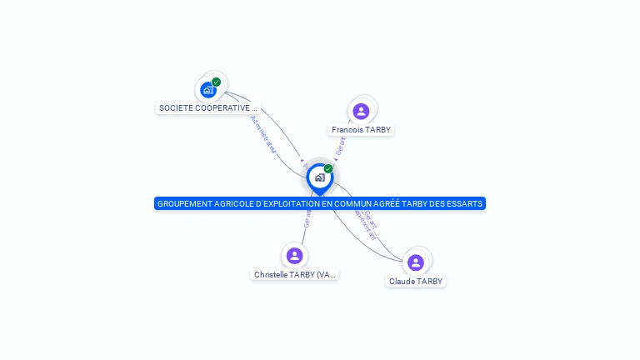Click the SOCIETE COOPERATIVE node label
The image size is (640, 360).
point(208,108)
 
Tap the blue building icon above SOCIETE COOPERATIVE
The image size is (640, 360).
point(207,89)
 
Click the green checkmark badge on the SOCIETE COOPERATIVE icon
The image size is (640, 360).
point(217,82)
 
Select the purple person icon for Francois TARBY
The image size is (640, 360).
point(361,111)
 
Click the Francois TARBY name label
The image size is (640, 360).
point(361,130)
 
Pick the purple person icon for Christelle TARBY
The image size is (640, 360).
point(294,256)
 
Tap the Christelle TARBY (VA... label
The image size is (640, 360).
point(295,274)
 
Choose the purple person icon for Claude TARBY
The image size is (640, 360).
point(416,262)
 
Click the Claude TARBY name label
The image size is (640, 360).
point(416,282)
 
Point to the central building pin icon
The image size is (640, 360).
point(319,177)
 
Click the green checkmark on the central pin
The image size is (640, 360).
point(328,168)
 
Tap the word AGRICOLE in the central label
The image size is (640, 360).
point(231,204)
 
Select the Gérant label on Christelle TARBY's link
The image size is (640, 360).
point(307,218)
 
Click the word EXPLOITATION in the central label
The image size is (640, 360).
point(286,204)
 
